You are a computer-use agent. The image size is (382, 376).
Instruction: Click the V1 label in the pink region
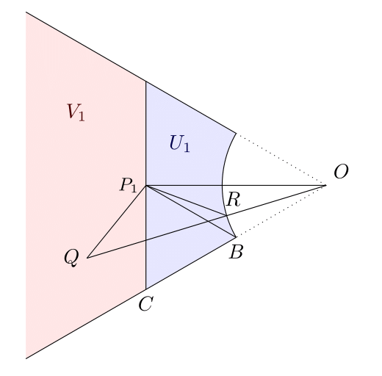coord(76,112)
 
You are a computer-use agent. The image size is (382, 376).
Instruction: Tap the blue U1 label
coord(179,144)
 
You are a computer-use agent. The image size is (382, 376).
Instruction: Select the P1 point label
coord(129,185)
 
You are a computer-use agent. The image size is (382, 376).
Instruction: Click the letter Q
coord(71,258)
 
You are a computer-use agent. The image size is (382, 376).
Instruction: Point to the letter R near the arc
coord(234,200)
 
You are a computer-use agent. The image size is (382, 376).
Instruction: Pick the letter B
coord(236,251)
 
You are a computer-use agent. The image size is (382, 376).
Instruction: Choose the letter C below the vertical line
coord(146,303)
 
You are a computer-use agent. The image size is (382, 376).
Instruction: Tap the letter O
coord(341,172)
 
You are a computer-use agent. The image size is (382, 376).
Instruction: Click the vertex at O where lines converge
coord(325,185)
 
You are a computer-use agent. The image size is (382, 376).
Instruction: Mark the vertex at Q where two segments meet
coord(87,258)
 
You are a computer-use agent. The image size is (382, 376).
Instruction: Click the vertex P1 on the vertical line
coord(146,186)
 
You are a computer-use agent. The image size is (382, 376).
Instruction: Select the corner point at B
coord(236,237)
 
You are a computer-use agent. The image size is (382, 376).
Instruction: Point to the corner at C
coord(146,289)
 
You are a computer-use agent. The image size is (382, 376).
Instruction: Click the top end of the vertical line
coord(146,82)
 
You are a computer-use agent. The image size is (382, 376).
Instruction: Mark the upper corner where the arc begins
coord(236,134)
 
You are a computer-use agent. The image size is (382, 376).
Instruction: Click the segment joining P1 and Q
coord(117,222)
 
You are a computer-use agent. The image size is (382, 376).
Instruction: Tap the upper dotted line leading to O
coord(281,159)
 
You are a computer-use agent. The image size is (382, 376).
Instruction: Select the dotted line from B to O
coord(281,211)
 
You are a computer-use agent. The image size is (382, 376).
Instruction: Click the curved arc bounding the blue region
coord(222,185)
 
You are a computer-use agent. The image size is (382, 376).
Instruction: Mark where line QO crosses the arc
coord(226,215)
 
